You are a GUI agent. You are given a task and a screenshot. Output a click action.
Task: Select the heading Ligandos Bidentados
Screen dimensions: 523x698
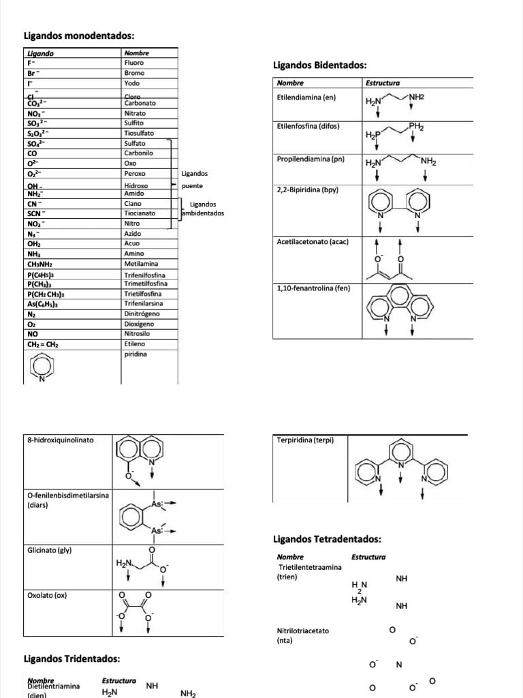pyautogui.click(x=319, y=65)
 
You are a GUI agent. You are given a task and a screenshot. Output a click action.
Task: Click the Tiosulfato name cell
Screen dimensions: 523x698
pyautogui.click(x=139, y=134)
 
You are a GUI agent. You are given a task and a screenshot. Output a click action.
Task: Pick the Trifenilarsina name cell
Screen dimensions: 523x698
pyautogui.click(x=146, y=303)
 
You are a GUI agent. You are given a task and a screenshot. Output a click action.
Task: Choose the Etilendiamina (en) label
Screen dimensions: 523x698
pyautogui.click(x=307, y=97)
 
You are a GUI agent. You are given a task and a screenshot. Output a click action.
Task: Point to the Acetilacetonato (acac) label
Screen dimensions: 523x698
pyautogui.click(x=313, y=242)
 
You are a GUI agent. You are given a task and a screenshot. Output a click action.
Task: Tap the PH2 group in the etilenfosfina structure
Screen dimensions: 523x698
pyautogui.click(x=416, y=127)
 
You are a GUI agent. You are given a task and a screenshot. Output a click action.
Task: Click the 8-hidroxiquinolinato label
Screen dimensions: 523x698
pyautogui.click(x=61, y=440)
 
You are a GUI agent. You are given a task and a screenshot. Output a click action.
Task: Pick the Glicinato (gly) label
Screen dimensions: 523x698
pyautogui.click(x=50, y=549)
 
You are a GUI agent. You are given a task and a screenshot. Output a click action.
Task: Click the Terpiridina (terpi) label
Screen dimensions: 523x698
pyautogui.click(x=306, y=440)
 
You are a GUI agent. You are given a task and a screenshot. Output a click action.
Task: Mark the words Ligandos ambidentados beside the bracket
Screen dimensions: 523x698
pyautogui.click(x=203, y=209)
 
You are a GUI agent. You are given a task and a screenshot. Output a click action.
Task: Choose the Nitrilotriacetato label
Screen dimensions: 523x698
pyautogui.click(x=303, y=631)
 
